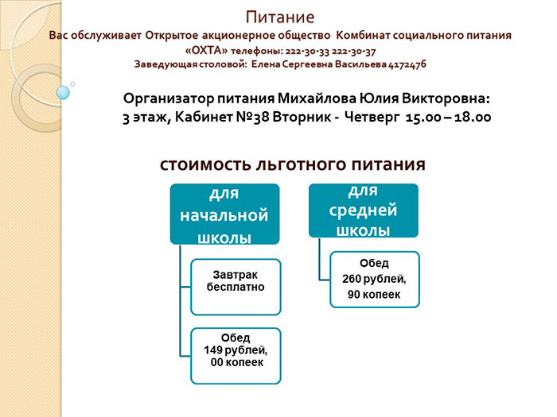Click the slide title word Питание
280,17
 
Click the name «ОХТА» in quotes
206,51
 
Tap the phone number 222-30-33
307,52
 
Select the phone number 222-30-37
353,52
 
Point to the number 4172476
407,64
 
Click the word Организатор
169,98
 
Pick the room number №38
252,117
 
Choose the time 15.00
423,117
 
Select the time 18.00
473,117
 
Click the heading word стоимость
205,164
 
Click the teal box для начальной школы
225,214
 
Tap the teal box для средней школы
364,210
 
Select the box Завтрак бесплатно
236,287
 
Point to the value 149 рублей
236,350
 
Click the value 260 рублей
374,279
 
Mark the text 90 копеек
374,295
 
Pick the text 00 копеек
237,362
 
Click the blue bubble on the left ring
63,93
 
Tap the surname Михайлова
317,98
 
